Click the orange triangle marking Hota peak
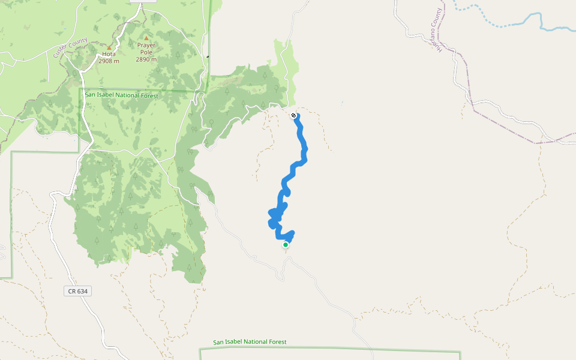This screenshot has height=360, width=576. tap(109, 47)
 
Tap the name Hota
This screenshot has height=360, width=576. tap(109, 54)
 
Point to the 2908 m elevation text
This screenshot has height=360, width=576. tap(109, 61)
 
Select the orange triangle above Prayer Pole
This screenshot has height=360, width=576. tap(146, 38)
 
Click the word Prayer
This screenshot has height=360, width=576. tap(146, 46)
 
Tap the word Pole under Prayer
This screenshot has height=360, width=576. tap(146, 52)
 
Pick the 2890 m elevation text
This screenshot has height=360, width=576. tap(146, 59)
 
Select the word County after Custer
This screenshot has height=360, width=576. tap(78, 42)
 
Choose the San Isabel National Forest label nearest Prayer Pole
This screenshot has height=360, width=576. tap(121, 95)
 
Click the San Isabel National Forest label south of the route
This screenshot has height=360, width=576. tap(250, 342)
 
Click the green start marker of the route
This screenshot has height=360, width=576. tap(286, 245)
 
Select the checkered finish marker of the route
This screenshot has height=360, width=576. tap(293, 115)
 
